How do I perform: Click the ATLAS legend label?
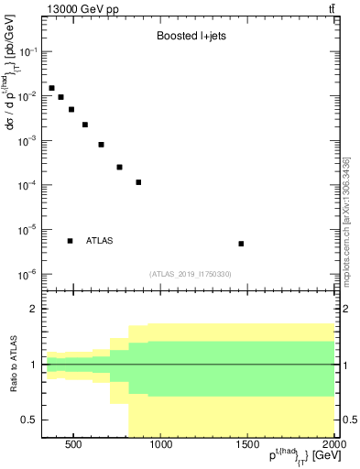(100, 241)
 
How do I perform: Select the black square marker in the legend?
(71, 241)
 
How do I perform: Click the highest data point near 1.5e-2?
(51, 88)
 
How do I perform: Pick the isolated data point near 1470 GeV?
(241, 244)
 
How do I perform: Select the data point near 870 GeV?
(138, 182)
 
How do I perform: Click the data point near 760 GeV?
(119, 167)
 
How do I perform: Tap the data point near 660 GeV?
(102, 145)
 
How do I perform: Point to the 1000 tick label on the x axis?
(160, 446)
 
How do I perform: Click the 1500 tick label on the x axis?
(247, 446)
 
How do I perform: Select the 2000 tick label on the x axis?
(333, 446)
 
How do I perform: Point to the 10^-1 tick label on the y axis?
(27, 52)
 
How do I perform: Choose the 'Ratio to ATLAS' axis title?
(12, 365)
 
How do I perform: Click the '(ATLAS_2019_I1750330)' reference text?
(190, 274)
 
